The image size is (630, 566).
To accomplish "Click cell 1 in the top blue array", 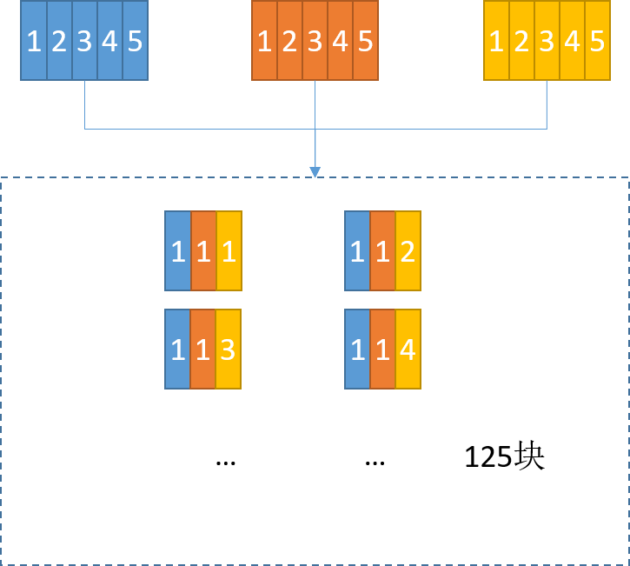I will click(x=34, y=41).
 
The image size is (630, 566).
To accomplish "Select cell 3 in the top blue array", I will click(x=84, y=41).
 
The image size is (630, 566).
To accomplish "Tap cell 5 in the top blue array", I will click(x=136, y=41).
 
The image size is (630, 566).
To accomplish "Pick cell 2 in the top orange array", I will click(x=290, y=41).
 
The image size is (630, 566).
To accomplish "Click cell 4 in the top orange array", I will click(x=341, y=41).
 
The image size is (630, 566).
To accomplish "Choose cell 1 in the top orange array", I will click(x=265, y=41).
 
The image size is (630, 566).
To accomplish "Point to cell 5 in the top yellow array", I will click(x=598, y=41).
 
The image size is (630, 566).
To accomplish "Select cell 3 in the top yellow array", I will click(x=547, y=41).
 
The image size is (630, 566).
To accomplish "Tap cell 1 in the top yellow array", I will click(x=496, y=41).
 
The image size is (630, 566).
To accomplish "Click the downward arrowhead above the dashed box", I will click(x=315, y=171).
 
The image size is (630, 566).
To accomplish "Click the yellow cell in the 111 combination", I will click(x=229, y=251).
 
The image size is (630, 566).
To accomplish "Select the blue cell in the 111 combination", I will click(x=177, y=251).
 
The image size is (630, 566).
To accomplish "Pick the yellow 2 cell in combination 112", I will click(x=408, y=251).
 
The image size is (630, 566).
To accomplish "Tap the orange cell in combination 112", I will click(x=382, y=251).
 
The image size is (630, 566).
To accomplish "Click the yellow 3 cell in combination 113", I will click(x=229, y=350).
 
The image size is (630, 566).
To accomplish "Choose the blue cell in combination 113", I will click(x=177, y=350).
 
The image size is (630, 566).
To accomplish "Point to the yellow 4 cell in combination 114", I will click(x=408, y=350).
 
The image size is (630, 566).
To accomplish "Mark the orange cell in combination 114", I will click(x=382, y=350).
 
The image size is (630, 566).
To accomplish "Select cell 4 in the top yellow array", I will click(x=573, y=41).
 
